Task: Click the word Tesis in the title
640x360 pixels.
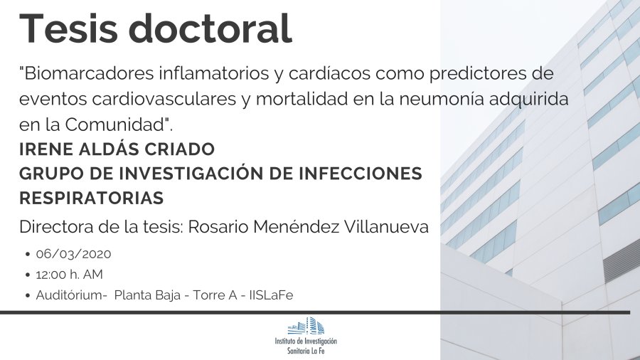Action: [x=68, y=28]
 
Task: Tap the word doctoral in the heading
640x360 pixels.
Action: [x=210, y=28]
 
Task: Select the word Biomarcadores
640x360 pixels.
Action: [x=87, y=73]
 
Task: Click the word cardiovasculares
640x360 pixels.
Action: [x=164, y=99]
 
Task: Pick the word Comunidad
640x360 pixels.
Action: [x=114, y=125]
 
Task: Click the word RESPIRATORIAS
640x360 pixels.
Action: [x=92, y=198]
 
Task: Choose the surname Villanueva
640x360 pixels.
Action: [x=387, y=227]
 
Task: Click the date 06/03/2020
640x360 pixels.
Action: [x=73, y=254]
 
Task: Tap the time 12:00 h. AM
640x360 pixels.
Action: [x=70, y=275]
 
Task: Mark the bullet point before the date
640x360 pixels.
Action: [x=28, y=254]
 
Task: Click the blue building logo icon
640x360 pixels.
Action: [x=306, y=326]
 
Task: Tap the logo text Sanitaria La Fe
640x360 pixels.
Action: [x=306, y=351]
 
